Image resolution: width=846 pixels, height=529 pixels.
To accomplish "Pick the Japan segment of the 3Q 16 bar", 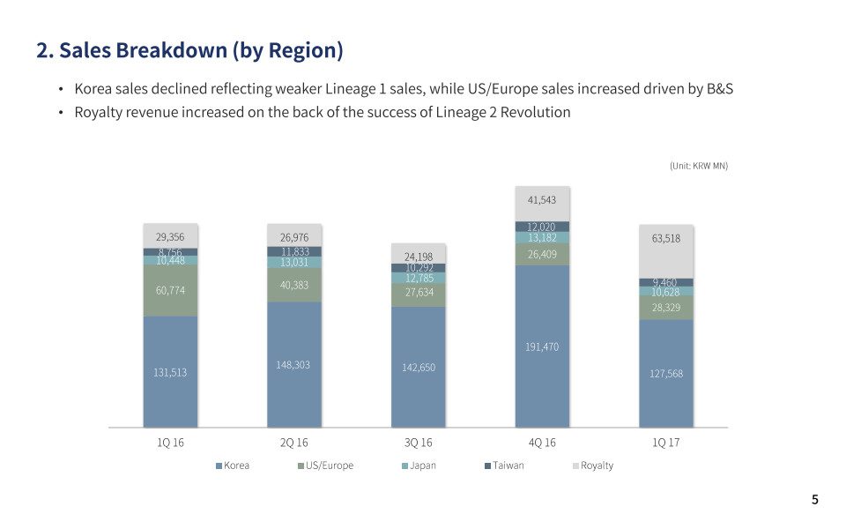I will pos(419,279).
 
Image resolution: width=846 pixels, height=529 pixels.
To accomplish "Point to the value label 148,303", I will pos(294,364).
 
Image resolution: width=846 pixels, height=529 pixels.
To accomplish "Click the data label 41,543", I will pos(542,200).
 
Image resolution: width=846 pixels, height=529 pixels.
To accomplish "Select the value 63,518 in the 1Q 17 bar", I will pos(666,238).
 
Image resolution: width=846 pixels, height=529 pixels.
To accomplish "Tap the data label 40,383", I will pos(294,285).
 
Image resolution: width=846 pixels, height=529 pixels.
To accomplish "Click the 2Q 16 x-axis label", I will pos(294,442).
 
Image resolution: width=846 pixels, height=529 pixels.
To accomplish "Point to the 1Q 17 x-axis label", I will pos(666,442).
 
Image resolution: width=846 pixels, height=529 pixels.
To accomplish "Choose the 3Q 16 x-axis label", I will pos(419,442).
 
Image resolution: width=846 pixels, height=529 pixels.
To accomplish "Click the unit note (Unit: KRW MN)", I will pos(699,166).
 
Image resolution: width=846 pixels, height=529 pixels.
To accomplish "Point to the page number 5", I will pos(815,500).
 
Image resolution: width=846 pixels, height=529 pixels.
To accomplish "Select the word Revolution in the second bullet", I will pos(533,112).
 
